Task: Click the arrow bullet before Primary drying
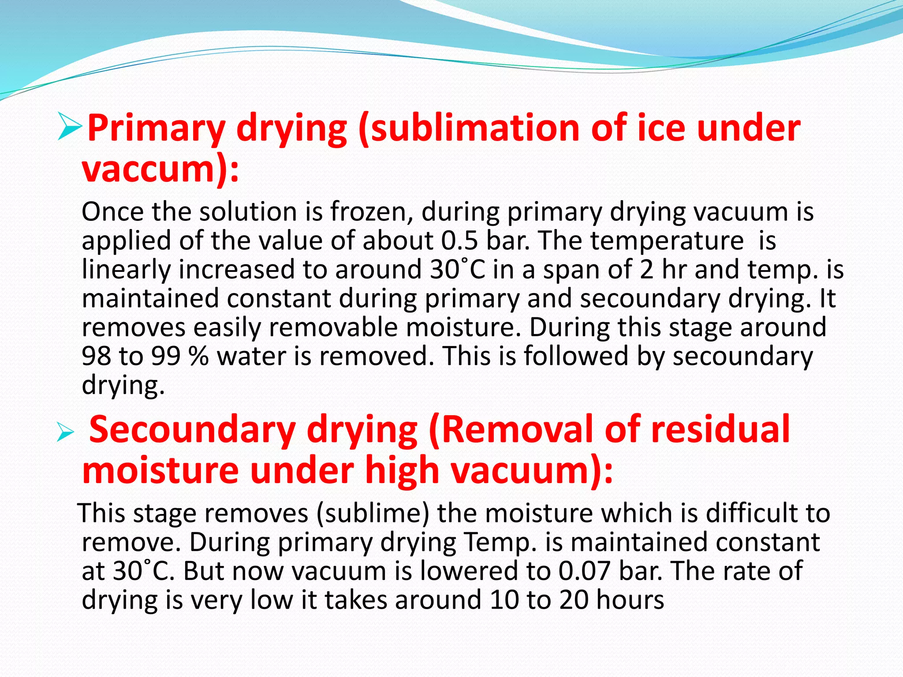[x=70, y=126]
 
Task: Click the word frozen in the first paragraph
[x=371, y=212]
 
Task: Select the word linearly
[x=126, y=270]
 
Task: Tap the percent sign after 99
[x=198, y=356]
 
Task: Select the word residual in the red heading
[x=720, y=430]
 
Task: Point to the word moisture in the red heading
[x=160, y=471]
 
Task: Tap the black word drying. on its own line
[x=123, y=386]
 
